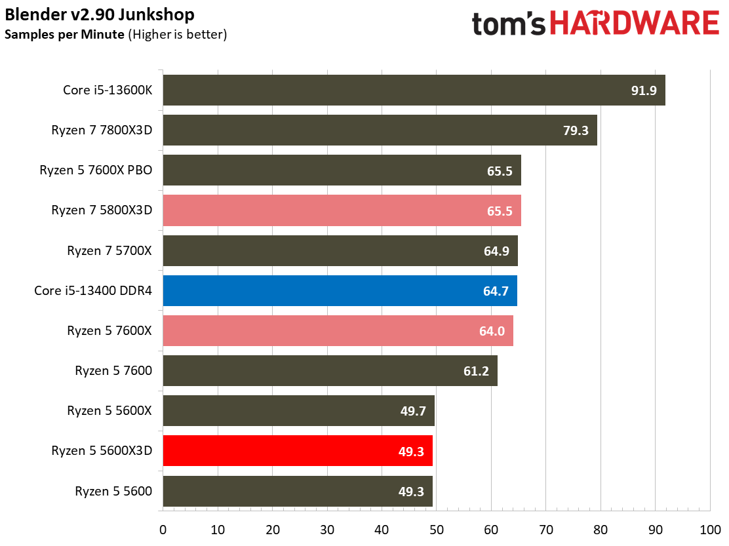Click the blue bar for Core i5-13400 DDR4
(340, 291)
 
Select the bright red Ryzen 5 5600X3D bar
(298, 451)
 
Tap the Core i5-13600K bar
(414, 90)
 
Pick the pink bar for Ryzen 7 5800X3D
(342, 210)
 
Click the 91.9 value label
(644, 90)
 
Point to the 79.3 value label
(576, 130)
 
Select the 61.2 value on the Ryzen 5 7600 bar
(476, 371)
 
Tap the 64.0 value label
(492, 331)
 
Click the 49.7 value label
(413, 411)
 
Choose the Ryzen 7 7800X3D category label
(102, 130)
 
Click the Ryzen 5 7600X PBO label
(96, 170)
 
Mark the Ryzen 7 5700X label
(109, 251)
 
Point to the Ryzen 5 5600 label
(113, 491)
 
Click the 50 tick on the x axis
(437, 530)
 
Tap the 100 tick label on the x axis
(711, 530)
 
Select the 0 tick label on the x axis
(163, 530)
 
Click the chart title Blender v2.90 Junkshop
(100, 14)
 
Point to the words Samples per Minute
(65, 34)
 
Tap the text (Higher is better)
(178, 34)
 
